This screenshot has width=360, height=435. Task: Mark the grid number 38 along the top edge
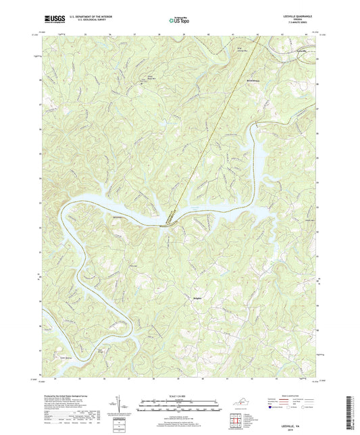[160, 32]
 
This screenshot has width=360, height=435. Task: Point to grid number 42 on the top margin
[256, 32]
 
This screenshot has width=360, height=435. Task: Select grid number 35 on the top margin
[85, 32]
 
